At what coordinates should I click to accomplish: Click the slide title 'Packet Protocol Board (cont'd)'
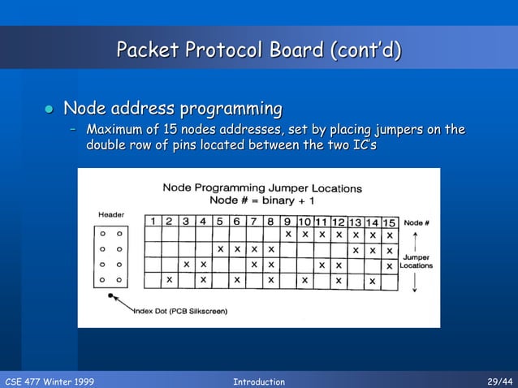pyautogui.click(x=259, y=51)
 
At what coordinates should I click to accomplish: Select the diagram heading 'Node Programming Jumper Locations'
pyautogui.click(x=261, y=188)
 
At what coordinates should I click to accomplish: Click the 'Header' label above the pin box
pyautogui.click(x=110, y=214)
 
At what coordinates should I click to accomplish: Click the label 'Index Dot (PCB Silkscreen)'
pyautogui.click(x=180, y=311)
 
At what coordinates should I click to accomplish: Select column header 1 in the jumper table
pyautogui.click(x=152, y=221)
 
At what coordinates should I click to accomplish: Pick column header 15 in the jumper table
pyautogui.click(x=390, y=222)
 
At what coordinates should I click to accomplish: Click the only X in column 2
pyautogui.click(x=169, y=281)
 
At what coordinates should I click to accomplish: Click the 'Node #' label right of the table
pyautogui.click(x=417, y=222)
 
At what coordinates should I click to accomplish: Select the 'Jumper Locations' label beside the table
pyautogui.click(x=416, y=261)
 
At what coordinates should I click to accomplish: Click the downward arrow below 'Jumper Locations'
pyautogui.click(x=415, y=282)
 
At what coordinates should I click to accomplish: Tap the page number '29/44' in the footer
pyautogui.click(x=499, y=382)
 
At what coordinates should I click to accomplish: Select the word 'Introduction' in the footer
pyautogui.click(x=258, y=382)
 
